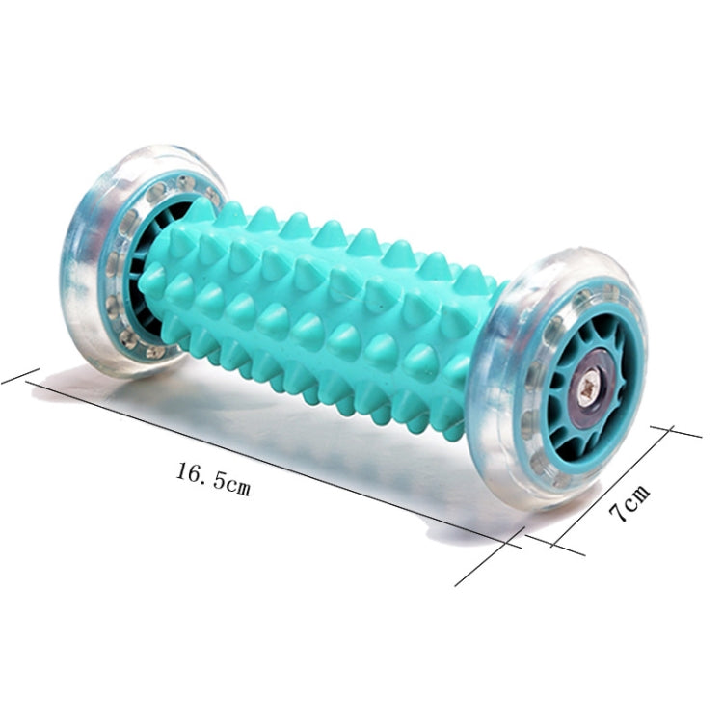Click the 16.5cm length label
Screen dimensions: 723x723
(213, 479)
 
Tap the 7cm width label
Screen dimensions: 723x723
(629, 504)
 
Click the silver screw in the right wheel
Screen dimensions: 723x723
(590, 390)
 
